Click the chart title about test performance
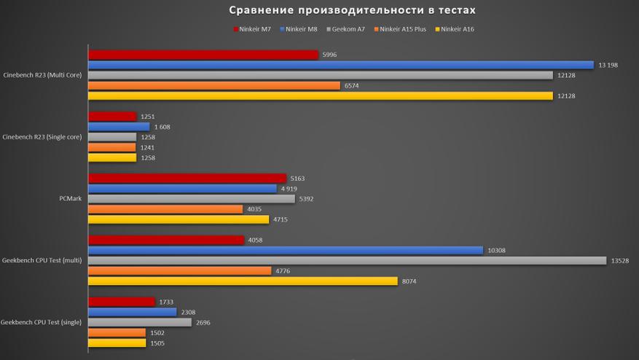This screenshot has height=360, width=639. (352, 10)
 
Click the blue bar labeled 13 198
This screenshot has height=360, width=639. (341, 65)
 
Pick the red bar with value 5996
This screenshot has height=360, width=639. (203, 55)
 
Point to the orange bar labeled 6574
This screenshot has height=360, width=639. (214, 85)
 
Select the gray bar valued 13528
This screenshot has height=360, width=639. (347, 260)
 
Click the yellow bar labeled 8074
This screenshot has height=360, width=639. (243, 281)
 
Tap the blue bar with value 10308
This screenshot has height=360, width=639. (286, 250)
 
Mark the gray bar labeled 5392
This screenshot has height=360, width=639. (192, 198)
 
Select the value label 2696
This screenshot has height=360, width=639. (204, 322)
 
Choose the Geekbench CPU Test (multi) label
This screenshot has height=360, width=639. (42, 260)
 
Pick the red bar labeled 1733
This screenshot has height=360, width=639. (122, 302)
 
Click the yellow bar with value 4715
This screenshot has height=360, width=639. (179, 219)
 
